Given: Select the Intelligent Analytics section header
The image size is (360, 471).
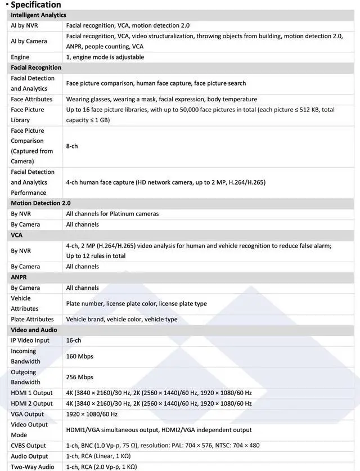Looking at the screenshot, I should pyautogui.click(x=38, y=15).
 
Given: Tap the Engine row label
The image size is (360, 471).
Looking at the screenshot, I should pyautogui.click(x=20, y=57).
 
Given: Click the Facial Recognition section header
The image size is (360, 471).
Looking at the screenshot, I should pyautogui.click(x=36, y=68).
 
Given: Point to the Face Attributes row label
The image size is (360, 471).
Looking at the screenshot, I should pyautogui.click(x=31, y=99).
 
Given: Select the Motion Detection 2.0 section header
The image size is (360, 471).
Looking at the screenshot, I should pyautogui.click(x=40, y=203).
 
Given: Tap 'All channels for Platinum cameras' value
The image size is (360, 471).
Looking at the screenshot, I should pyautogui.click(x=112, y=214).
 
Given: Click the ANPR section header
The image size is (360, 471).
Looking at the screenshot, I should pyautogui.click(x=19, y=277).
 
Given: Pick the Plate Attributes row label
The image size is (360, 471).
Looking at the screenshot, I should pyautogui.click(x=32, y=319).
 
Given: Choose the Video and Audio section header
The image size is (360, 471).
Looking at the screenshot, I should pyautogui.click(x=34, y=330).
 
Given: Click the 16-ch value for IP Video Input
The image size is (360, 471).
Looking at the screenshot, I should pyautogui.click(x=74, y=340).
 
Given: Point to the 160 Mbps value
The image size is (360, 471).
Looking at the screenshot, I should pyautogui.click(x=79, y=356).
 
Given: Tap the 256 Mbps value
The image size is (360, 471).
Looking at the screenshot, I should pyautogui.click(x=79, y=377).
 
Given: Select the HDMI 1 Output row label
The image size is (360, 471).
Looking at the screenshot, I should pyautogui.click(x=31, y=393).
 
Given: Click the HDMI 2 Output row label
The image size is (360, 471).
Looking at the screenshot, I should pyautogui.click(x=31, y=403).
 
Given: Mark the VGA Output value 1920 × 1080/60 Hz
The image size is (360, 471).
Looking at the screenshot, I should pyautogui.click(x=92, y=414).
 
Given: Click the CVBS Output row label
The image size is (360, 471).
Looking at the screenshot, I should pyautogui.click(x=28, y=446).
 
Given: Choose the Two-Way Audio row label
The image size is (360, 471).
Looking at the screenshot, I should pyautogui.click(x=33, y=466).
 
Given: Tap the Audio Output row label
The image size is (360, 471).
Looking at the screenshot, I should pyautogui.click(x=29, y=456).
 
